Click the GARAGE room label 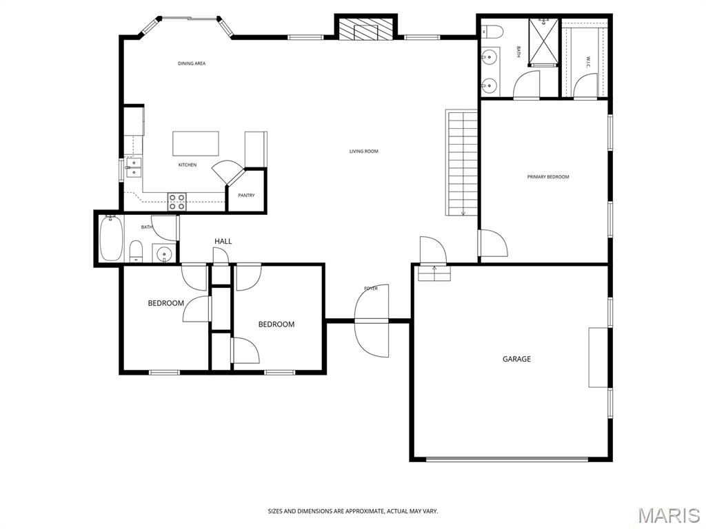pos(516,359)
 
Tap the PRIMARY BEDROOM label pos(548,177)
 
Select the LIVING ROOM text pos(363,152)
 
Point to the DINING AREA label pos(192,63)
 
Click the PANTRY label pos(246,195)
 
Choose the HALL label pos(223,241)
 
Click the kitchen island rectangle pos(195,144)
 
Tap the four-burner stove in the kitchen pos(177,201)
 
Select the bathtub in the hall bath pos(110,238)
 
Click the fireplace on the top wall pos(366,30)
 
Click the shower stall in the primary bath pos(543,43)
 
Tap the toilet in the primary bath pos(490,31)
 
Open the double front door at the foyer pos(372,321)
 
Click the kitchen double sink pos(133,167)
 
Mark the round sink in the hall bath pos(164,255)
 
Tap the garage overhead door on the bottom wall pos(507,459)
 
